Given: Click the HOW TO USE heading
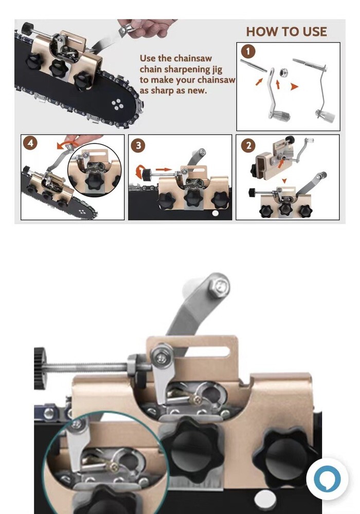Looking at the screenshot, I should [286, 31].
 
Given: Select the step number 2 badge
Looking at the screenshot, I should [248, 145].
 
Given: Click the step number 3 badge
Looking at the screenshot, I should [138, 145].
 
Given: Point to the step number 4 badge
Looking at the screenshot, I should [31, 143].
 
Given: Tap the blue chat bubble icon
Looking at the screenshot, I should [327, 478].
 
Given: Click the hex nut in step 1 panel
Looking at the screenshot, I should [282, 70].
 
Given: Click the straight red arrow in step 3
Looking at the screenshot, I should [163, 169].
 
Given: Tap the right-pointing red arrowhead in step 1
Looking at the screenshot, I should [294, 87].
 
